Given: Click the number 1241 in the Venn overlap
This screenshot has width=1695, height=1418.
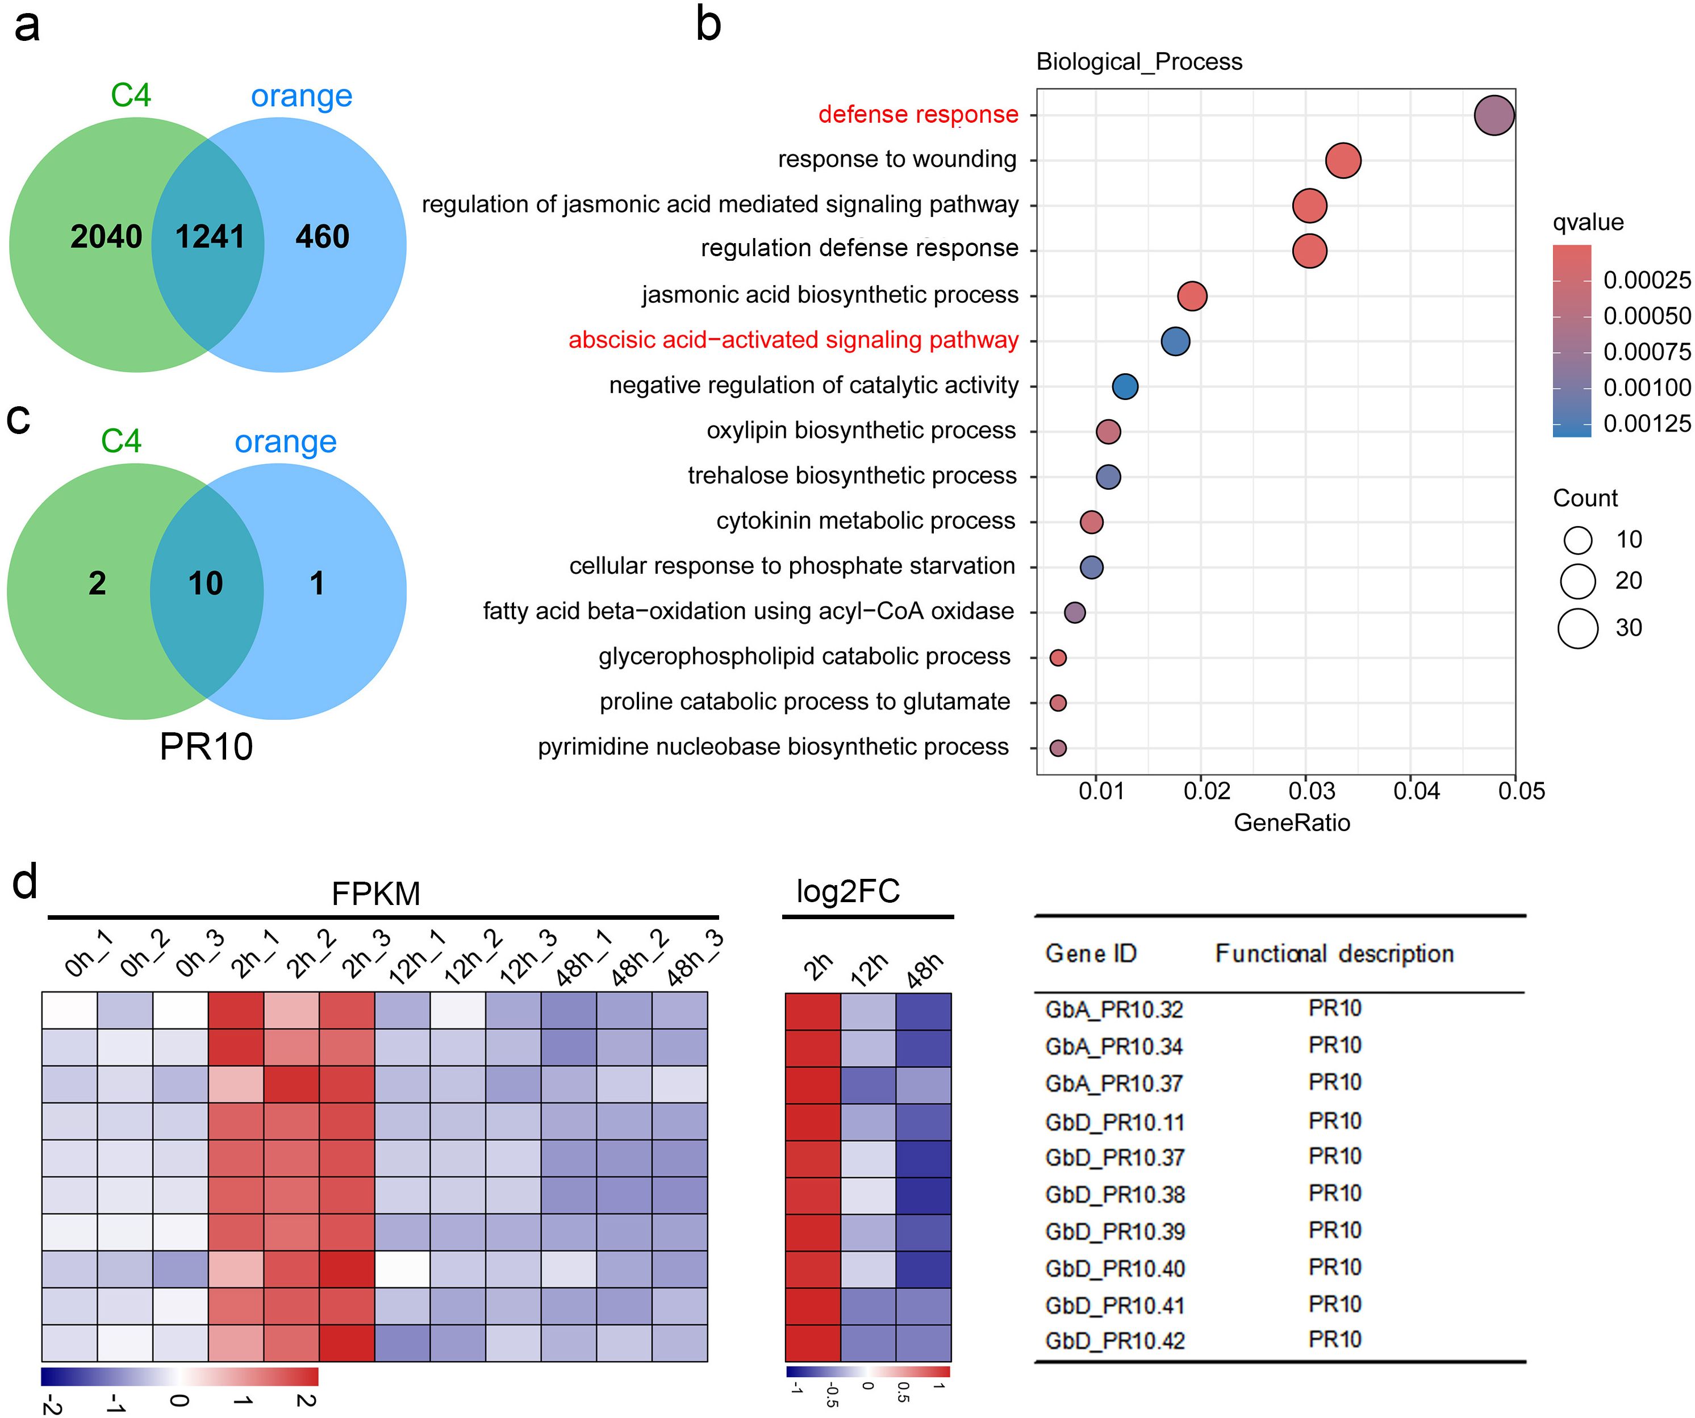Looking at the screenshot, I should pyautogui.click(x=210, y=236).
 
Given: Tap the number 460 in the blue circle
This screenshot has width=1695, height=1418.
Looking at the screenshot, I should pyautogui.click(x=322, y=236).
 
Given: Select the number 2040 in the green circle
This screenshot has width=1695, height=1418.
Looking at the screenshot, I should pyautogui.click(x=106, y=236).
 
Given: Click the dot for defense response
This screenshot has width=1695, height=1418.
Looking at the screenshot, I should pyautogui.click(x=1493, y=115).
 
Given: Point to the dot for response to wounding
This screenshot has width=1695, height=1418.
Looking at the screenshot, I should pyautogui.click(x=1343, y=161).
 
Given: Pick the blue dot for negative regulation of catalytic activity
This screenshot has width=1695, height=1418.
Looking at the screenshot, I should pyautogui.click(x=1125, y=386).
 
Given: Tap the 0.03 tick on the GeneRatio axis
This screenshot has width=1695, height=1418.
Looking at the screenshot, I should pyautogui.click(x=1311, y=791).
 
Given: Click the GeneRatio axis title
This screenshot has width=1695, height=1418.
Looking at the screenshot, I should pyautogui.click(x=1292, y=823).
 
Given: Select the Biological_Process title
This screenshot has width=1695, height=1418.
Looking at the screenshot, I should pyautogui.click(x=1139, y=62).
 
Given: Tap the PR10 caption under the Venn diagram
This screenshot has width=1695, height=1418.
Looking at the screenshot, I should pyautogui.click(x=206, y=746).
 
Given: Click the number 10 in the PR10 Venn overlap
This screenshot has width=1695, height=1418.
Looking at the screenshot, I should pyautogui.click(x=205, y=583).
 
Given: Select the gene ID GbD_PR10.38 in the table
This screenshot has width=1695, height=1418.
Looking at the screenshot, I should pyautogui.click(x=1114, y=1194).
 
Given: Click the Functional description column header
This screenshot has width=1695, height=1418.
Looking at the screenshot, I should pyautogui.click(x=1334, y=954).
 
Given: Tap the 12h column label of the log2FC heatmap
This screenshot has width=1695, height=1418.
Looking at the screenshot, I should pyautogui.click(x=869, y=969).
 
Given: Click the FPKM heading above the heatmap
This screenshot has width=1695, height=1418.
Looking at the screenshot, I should pyautogui.click(x=375, y=894).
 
